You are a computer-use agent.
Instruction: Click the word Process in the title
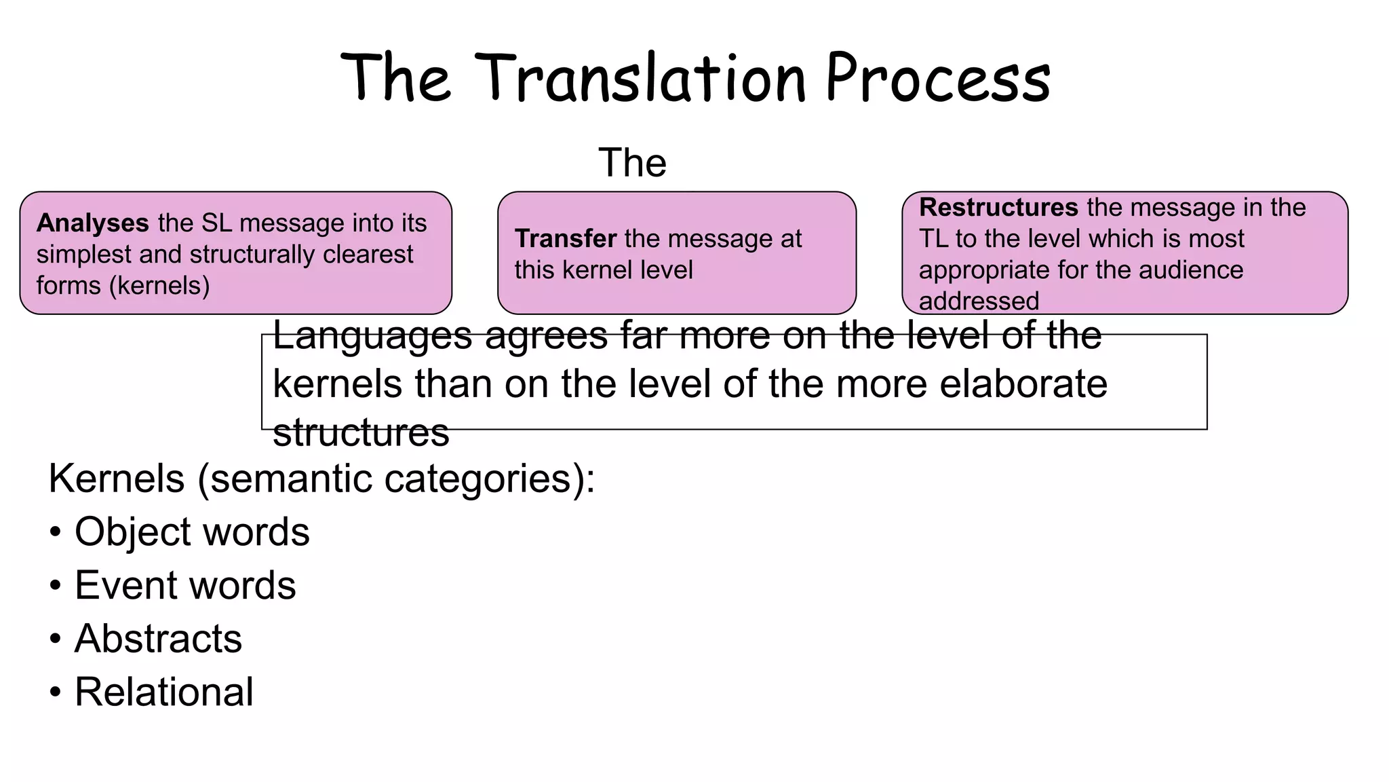pos(938,78)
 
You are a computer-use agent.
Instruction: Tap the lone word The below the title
pos(632,163)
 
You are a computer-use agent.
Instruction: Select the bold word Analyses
pos(92,223)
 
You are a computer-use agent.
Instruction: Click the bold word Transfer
pos(565,238)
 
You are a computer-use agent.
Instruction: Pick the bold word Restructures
pos(998,207)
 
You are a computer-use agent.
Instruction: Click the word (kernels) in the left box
pos(159,286)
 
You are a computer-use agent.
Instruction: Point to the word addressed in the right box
pos(978,301)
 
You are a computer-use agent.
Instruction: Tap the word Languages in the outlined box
pos(372,335)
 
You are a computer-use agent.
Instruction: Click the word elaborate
pos(1023,384)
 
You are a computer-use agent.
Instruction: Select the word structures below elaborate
pos(361,432)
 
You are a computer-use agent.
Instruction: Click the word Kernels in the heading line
pos(117,479)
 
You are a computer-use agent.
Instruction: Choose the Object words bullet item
pos(191,532)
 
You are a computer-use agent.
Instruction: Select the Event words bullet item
pos(184,585)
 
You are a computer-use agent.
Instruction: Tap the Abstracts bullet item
pos(158,639)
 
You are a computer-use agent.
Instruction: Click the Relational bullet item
pos(163,692)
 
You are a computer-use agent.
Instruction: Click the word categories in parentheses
pos(483,479)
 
